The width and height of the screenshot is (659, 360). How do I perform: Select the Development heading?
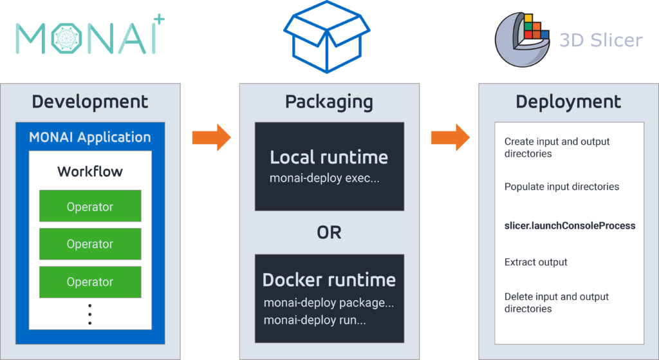click(89, 102)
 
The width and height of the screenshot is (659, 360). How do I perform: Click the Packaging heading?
click(329, 102)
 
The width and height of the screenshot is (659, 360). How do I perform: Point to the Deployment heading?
click(568, 102)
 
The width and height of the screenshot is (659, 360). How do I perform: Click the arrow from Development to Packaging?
click(211, 137)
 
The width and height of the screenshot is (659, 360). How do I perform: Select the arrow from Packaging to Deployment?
click(450, 137)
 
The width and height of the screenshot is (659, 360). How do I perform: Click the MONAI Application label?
click(89, 137)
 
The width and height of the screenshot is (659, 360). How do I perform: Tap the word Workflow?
click(89, 172)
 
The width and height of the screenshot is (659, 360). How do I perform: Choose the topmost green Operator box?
click(89, 207)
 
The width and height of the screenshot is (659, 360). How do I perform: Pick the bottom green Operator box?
click(89, 281)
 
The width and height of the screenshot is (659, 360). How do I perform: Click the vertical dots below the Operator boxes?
click(89, 314)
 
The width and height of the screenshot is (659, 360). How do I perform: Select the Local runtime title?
click(329, 157)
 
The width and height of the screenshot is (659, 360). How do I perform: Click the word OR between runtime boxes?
click(329, 232)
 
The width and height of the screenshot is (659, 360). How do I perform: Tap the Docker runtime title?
click(329, 280)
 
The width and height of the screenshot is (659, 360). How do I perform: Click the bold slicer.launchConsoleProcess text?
click(570, 226)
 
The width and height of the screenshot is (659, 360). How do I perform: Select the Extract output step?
click(535, 262)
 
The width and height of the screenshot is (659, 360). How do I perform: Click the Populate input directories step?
click(561, 187)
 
